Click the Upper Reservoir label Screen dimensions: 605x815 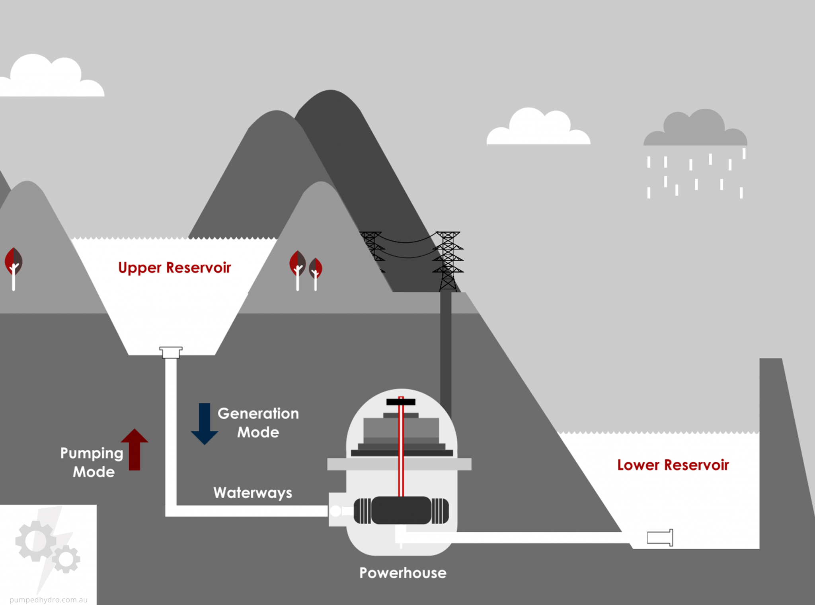point(174,268)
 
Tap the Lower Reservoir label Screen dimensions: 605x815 point(673,465)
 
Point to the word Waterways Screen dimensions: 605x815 point(253,493)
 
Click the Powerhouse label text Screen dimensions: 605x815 point(403,573)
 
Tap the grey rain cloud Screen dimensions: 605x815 point(695,130)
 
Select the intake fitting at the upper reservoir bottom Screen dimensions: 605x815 point(171,352)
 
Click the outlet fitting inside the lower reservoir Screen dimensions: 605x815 point(660,538)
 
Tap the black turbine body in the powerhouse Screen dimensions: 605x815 point(401,510)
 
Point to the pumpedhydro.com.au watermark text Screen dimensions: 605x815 point(49,599)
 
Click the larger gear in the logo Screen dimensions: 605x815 point(35,541)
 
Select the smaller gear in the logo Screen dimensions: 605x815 point(66,559)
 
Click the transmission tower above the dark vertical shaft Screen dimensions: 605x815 point(448,261)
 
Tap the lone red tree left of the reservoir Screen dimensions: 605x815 point(14,267)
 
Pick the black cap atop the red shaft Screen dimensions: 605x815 point(401,402)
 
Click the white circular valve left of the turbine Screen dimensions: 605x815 point(335,511)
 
